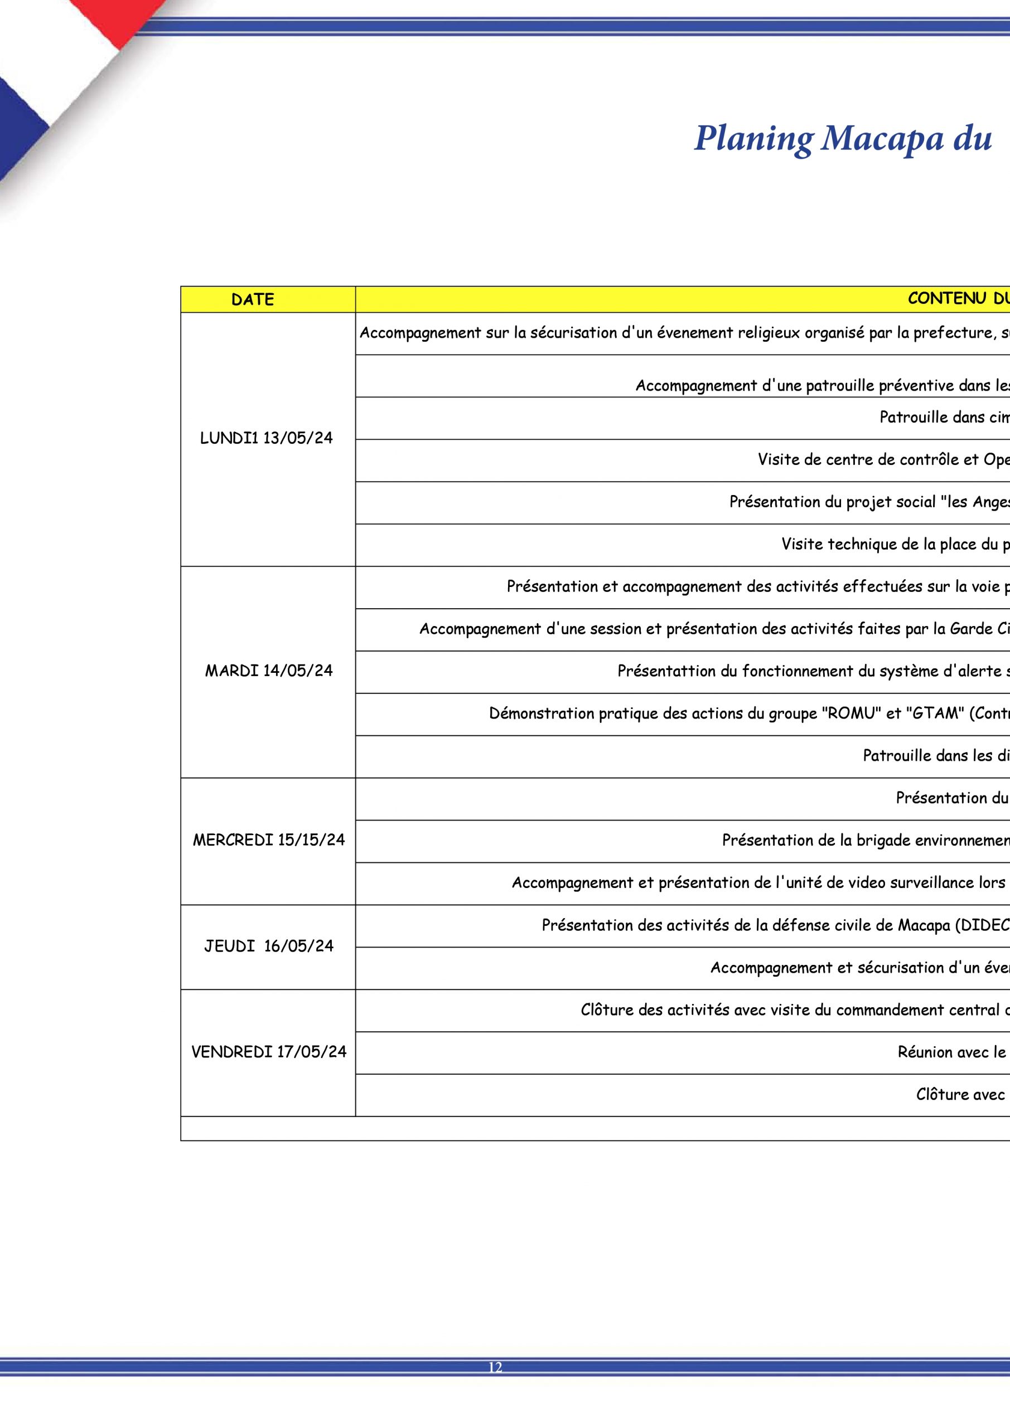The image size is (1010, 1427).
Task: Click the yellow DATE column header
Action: tap(253, 299)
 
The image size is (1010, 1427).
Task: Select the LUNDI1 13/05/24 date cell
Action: tap(266, 438)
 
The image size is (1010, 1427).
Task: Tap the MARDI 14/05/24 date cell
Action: tap(269, 671)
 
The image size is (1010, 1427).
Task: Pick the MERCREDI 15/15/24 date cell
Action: tap(269, 840)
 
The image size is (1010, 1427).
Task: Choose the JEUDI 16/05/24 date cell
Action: tap(269, 946)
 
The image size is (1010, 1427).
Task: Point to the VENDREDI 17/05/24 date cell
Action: tap(269, 1052)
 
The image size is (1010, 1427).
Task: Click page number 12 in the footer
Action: tap(495, 1384)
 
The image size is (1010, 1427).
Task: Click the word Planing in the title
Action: tap(753, 139)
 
